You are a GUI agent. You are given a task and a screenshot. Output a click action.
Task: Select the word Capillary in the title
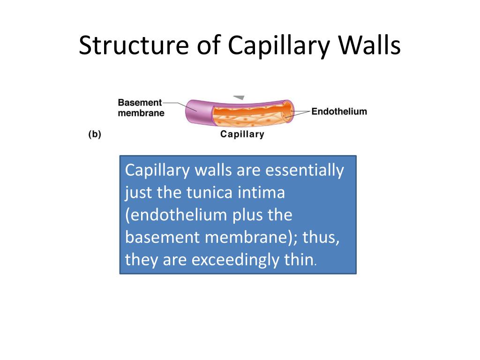click(278, 46)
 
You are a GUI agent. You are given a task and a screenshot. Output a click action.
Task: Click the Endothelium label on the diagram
click(339, 112)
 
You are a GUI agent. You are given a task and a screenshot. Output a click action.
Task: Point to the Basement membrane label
click(141, 108)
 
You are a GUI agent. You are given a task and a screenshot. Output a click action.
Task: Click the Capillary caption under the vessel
click(242, 135)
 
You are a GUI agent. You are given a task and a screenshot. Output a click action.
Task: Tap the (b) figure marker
click(95, 135)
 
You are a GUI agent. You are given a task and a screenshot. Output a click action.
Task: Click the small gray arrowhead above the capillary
click(239, 97)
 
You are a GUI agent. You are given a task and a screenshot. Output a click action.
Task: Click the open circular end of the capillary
click(287, 111)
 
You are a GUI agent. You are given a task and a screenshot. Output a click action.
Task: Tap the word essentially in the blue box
click(305, 171)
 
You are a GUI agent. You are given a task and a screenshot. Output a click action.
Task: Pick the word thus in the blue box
click(321, 237)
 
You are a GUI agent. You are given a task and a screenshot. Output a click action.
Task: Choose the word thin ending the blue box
click(299, 260)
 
